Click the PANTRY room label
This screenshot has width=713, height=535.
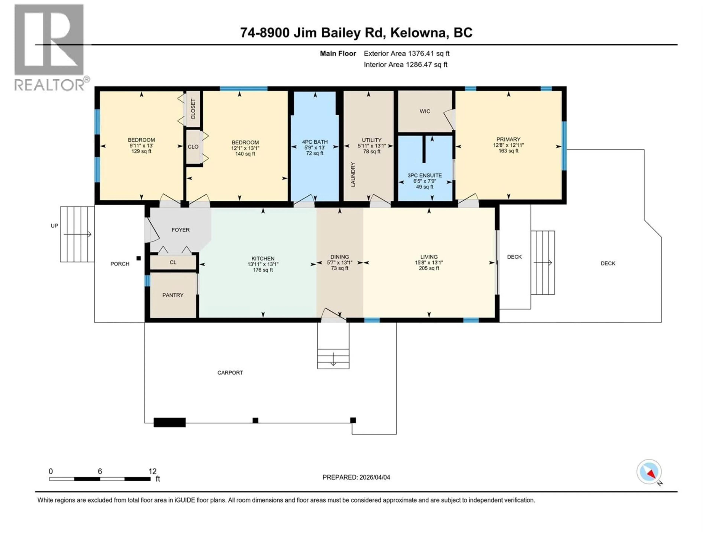[173, 295]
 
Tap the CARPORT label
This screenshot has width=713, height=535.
[230, 372]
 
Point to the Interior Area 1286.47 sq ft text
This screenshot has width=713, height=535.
[406, 64]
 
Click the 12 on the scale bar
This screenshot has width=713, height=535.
[152, 471]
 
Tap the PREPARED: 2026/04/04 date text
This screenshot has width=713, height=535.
[356, 477]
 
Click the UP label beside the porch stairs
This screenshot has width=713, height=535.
[54, 226]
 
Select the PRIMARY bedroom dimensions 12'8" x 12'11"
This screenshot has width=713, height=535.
[508, 145]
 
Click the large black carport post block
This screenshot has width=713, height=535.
[170, 422]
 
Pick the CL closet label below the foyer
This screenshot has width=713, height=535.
[173, 262]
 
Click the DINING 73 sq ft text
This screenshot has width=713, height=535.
[339, 268]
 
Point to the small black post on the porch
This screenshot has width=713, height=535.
[139, 258]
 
